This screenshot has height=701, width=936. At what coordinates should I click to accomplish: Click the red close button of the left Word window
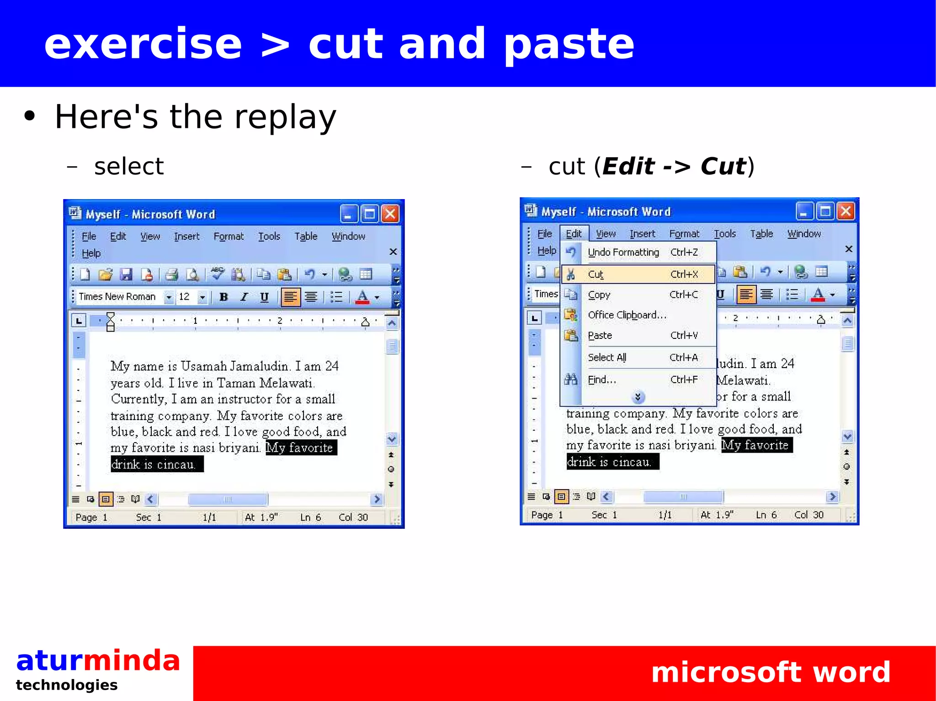coord(390,214)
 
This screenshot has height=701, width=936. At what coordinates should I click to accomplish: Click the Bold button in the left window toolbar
coord(223,297)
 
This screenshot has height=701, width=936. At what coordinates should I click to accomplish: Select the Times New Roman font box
coord(118,297)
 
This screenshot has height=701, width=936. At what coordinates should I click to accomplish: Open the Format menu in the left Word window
coord(229,237)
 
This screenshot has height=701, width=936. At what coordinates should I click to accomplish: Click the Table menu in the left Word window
coord(306,237)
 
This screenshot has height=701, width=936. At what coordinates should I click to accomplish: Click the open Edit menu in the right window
coord(574,234)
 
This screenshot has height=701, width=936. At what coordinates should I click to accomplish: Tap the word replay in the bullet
coord(285,117)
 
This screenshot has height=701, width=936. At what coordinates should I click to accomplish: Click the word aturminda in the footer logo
coord(98,661)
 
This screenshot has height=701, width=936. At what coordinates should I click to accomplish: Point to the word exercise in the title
coord(143,44)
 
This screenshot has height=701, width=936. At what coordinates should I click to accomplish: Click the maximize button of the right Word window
coord(825,211)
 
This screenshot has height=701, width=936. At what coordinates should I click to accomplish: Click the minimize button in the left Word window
coord(348,214)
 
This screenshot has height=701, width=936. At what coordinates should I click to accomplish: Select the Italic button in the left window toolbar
coord(244,297)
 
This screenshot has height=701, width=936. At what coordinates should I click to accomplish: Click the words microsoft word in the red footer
coord(771,672)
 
